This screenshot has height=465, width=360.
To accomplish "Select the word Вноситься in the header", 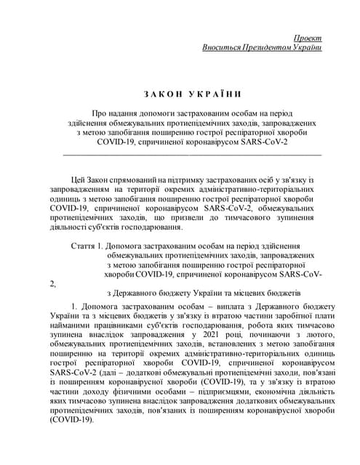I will point(223,47).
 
